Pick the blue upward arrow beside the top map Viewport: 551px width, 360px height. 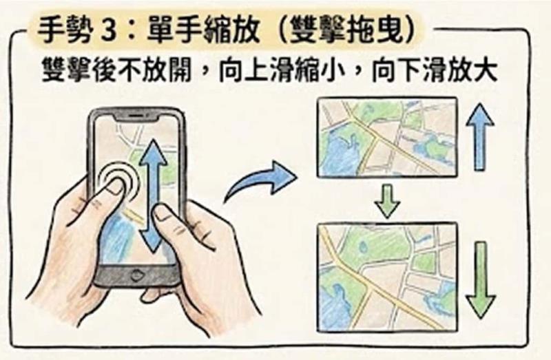480,137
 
